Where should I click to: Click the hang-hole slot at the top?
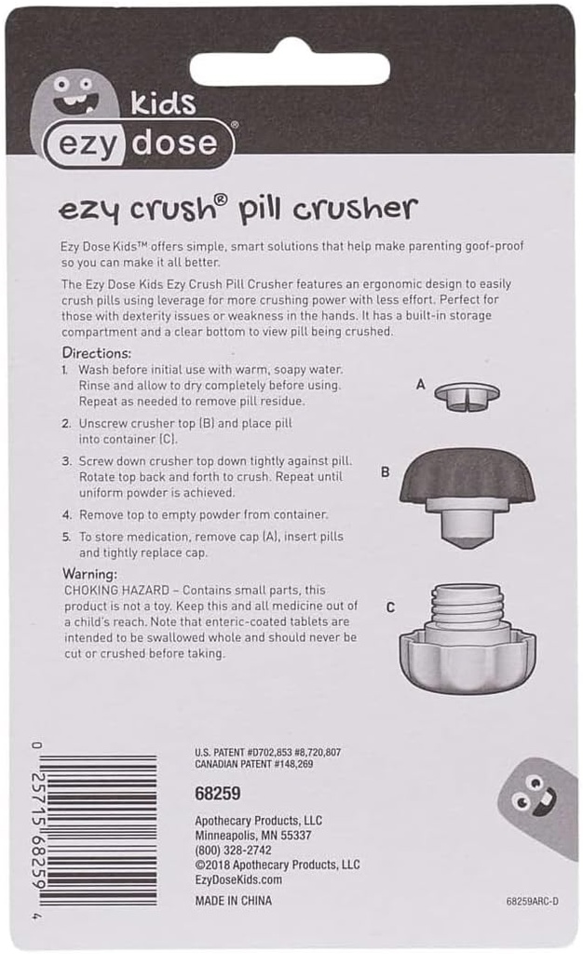click(290, 67)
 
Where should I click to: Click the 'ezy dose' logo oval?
click(140, 144)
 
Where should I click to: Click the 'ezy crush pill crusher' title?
click(237, 208)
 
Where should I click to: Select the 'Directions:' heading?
click(98, 353)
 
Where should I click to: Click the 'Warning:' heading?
click(89, 574)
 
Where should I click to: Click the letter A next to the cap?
click(420, 384)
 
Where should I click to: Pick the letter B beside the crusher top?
click(386, 472)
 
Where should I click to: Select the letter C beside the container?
click(390, 607)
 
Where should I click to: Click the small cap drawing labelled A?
click(467, 394)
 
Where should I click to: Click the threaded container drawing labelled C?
click(468, 638)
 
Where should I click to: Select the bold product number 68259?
click(218, 794)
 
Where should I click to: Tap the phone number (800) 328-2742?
click(233, 850)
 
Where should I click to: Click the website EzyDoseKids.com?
click(238, 879)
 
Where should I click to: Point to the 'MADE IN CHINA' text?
click(234, 901)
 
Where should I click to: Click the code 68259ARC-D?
click(533, 901)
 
